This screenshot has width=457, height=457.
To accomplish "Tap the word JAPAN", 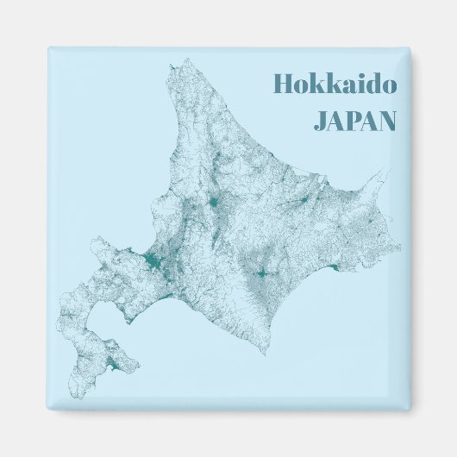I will point(354,119).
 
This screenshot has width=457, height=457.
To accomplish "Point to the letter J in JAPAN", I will point(319,120).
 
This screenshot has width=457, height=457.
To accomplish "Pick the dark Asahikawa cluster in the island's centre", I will point(210,204).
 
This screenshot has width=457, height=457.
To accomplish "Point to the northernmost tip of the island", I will point(185,61).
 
